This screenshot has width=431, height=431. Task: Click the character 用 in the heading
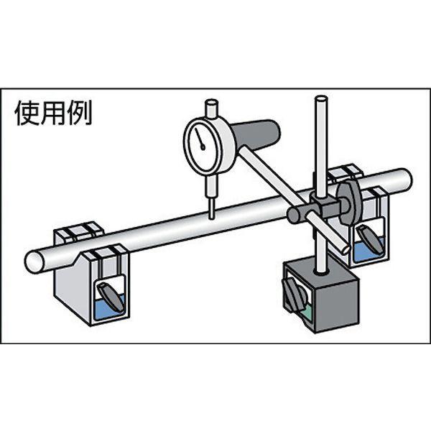(x=52, y=113)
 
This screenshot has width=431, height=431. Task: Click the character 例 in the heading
(x=80, y=113)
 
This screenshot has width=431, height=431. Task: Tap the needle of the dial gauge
(x=200, y=139)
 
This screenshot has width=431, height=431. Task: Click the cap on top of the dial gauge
(x=212, y=108)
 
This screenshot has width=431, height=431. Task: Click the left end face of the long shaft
(x=34, y=261)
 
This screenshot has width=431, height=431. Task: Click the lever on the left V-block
(x=111, y=297)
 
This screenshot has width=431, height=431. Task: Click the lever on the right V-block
(x=370, y=238)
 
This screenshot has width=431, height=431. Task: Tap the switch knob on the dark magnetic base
(x=293, y=294)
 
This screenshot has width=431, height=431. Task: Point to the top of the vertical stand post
(x=322, y=98)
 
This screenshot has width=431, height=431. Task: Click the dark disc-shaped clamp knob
(x=349, y=204)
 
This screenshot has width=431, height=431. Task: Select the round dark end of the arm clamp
(x=295, y=215)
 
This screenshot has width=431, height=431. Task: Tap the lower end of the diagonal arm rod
(x=345, y=249)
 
